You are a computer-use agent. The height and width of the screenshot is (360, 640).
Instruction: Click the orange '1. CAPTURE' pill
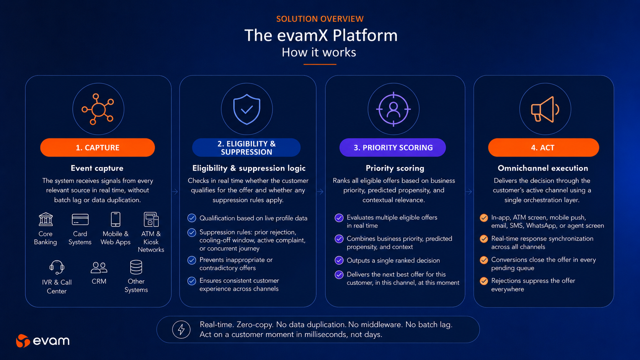[98, 147]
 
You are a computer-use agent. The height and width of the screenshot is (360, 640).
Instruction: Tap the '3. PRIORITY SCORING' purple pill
[393, 147]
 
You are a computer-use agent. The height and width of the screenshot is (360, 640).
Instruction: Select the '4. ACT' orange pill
[544, 147]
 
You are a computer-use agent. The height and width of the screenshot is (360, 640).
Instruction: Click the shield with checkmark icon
[247, 109]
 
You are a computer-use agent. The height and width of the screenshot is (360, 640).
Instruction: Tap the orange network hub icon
[98, 109]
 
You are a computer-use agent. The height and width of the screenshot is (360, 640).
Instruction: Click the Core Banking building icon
[46, 219]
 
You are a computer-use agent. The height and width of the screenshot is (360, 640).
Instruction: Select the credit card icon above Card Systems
[80, 219]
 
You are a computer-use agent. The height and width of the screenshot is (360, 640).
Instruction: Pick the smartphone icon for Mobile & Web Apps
[116, 219]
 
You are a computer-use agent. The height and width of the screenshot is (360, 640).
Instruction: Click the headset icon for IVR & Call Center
[57, 267]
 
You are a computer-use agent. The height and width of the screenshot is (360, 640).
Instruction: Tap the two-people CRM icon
[99, 268]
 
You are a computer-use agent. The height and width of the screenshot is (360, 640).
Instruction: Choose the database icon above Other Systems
[136, 267]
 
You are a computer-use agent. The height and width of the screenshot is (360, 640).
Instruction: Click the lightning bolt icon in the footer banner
[181, 329]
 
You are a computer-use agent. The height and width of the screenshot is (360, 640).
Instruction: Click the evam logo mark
[23, 340]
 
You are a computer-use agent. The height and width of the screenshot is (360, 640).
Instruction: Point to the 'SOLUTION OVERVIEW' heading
[320, 19]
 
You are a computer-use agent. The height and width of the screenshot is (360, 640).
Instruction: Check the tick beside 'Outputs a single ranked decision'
[339, 261]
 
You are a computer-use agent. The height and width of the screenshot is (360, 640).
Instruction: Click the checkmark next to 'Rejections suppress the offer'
[484, 281]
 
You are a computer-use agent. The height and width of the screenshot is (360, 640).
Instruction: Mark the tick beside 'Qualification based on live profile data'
[192, 218]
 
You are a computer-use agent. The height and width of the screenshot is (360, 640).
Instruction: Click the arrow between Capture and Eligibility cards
[175, 192]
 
